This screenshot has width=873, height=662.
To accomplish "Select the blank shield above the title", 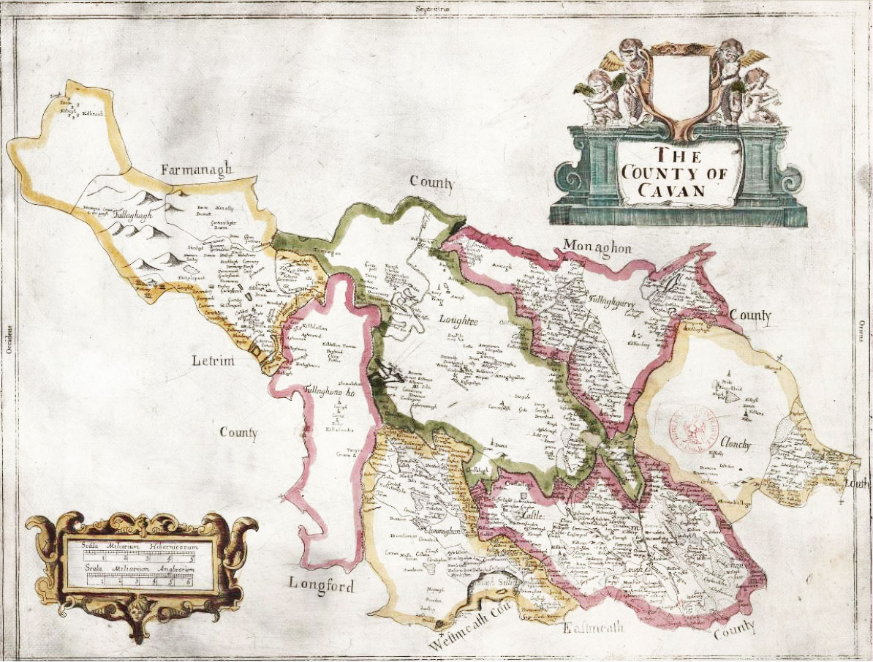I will pyautogui.click(x=679, y=84).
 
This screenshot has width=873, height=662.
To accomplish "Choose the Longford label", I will pyautogui.click(x=321, y=585).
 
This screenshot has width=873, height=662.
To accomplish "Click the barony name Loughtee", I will pyautogui.click(x=458, y=320).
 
